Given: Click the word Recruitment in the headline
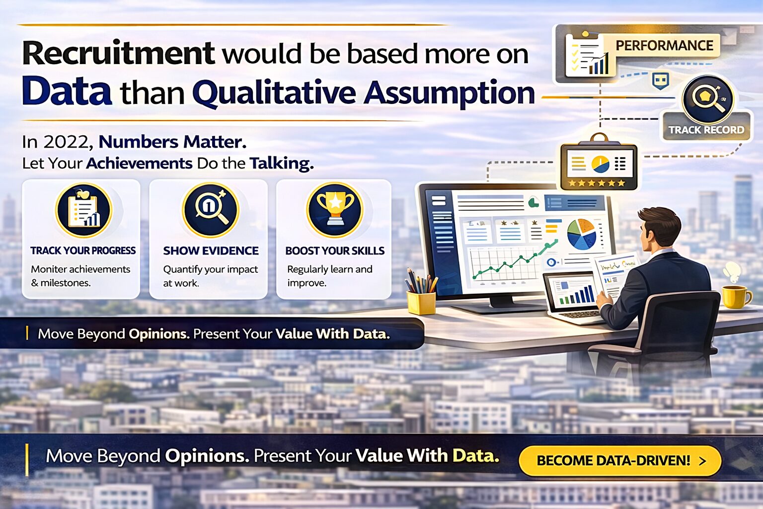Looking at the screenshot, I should (118, 53).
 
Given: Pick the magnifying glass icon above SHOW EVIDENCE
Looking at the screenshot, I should (211, 209).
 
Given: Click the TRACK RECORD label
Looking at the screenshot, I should (706, 130).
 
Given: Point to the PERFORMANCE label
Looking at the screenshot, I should (664, 46).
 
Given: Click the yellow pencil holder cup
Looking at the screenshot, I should (421, 302).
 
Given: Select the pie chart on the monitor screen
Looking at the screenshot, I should (582, 234).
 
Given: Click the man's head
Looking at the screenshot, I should (658, 229).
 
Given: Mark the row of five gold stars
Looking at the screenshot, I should (597, 183).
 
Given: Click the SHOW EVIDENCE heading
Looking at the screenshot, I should (211, 251).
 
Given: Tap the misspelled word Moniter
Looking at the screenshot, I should (49, 269).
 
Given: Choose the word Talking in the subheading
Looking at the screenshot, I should (281, 164).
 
